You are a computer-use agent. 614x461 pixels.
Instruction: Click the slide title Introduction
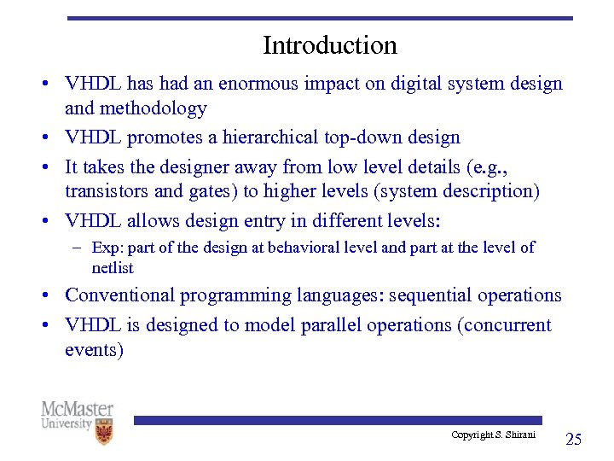(x=329, y=44)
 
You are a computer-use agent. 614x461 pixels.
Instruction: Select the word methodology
(x=154, y=108)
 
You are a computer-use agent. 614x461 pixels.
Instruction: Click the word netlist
(x=113, y=267)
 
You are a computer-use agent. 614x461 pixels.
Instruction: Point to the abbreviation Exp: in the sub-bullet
(x=107, y=248)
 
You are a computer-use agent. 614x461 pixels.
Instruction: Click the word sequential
(x=430, y=295)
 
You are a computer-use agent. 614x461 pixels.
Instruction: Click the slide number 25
(x=573, y=440)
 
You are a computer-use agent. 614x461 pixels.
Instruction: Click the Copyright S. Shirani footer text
(x=493, y=435)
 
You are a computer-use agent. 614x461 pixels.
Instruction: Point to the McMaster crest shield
(x=103, y=431)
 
